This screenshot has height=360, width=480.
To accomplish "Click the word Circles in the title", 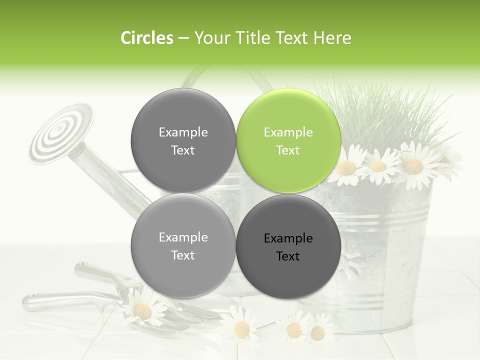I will (146, 38).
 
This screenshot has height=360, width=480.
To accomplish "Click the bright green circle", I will (288, 140).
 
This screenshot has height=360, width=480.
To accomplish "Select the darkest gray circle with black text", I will (288, 246).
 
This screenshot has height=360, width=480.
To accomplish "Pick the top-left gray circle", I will (183, 140).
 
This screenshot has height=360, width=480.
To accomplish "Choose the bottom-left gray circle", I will (183, 245).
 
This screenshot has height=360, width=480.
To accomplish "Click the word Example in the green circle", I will (288, 132).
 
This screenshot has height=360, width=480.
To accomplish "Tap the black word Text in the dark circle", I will (288, 256).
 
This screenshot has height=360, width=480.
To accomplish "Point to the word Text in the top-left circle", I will (183, 150).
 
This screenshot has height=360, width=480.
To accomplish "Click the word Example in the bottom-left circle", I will (183, 237).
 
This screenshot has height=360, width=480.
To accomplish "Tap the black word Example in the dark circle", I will (288, 238).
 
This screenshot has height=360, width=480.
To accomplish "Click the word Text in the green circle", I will (288, 150).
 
